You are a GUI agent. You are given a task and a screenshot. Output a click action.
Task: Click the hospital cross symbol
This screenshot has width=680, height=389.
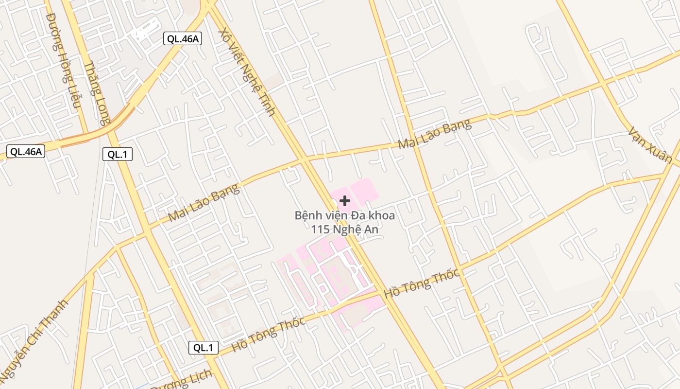[345, 200]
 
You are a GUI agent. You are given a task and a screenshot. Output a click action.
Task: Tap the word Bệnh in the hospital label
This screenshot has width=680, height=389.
[308, 215]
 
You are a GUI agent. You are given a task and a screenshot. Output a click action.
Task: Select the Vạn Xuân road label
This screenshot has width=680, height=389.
[650, 145]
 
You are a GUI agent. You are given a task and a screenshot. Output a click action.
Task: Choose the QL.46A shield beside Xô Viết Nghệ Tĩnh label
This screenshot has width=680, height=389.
[182, 39]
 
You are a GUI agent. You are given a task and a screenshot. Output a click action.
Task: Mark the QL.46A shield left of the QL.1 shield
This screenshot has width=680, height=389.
[26, 151]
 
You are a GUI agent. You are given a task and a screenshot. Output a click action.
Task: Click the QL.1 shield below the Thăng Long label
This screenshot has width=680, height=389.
[117, 155]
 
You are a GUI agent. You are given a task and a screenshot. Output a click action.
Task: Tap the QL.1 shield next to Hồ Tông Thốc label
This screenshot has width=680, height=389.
[204, 348]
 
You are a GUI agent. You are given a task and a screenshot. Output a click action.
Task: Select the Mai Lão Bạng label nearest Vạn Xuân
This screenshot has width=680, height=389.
[434, 134]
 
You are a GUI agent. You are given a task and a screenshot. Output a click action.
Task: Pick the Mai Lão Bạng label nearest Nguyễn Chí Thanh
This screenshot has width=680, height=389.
[204, 203]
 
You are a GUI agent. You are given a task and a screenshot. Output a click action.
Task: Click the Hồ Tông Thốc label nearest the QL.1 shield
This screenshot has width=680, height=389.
[268, 334]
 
